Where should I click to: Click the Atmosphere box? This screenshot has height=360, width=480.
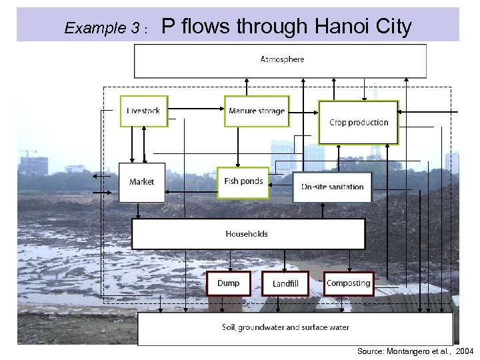pyautogui.click(x=280, y=61)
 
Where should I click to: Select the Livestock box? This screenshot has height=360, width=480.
pyautogui.click(x=143, y=111)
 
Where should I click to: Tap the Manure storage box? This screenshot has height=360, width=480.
pyautogui.click(x=256, y=111)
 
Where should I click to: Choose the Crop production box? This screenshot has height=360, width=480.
pyautogui.click(x=359, y=123)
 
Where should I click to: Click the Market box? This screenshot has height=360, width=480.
pyautogui.click(x=141, y=182)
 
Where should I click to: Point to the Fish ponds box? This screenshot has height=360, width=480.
pyautogui.click(x=243, y=182)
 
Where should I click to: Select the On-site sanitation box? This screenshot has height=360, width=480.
pyautogui.click(x=332, y=187)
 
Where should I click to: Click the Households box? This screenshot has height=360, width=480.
pyautogui.click(x=247, y=234)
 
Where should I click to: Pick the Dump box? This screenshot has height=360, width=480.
pyautogui.click(x=228, y=283)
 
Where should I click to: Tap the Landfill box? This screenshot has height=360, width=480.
pyautogui.click(x=285, y=284)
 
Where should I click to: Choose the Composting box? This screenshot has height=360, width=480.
pyautogui.click(x=348, y=283)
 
